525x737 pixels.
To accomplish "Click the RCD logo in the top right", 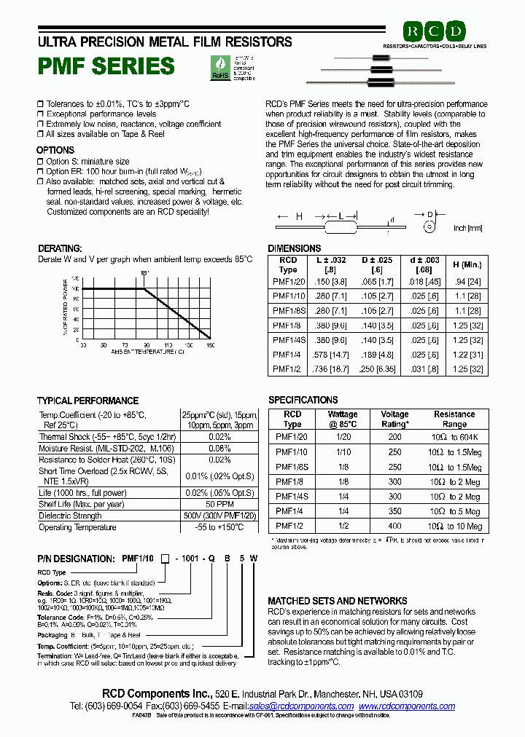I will click(435, 31).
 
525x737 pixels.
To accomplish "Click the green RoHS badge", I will click(219, 66).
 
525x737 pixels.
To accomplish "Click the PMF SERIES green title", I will click(106, 66).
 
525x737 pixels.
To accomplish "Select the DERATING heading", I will click(60, 248).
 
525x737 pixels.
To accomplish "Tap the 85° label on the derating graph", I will click(145, 273).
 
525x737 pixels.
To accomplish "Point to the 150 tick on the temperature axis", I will click(210, 344).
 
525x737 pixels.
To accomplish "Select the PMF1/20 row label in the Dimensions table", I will click(289, 281).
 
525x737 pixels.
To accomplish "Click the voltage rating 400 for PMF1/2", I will click(395, 527).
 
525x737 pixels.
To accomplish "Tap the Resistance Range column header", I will click(454, 419).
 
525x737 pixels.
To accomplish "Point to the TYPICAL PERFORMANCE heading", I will click(87, 401).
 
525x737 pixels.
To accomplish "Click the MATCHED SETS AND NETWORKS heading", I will click(337, 601).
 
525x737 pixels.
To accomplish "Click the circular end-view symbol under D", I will click(429, 227).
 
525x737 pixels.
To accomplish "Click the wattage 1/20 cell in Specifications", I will click(343, 436).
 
